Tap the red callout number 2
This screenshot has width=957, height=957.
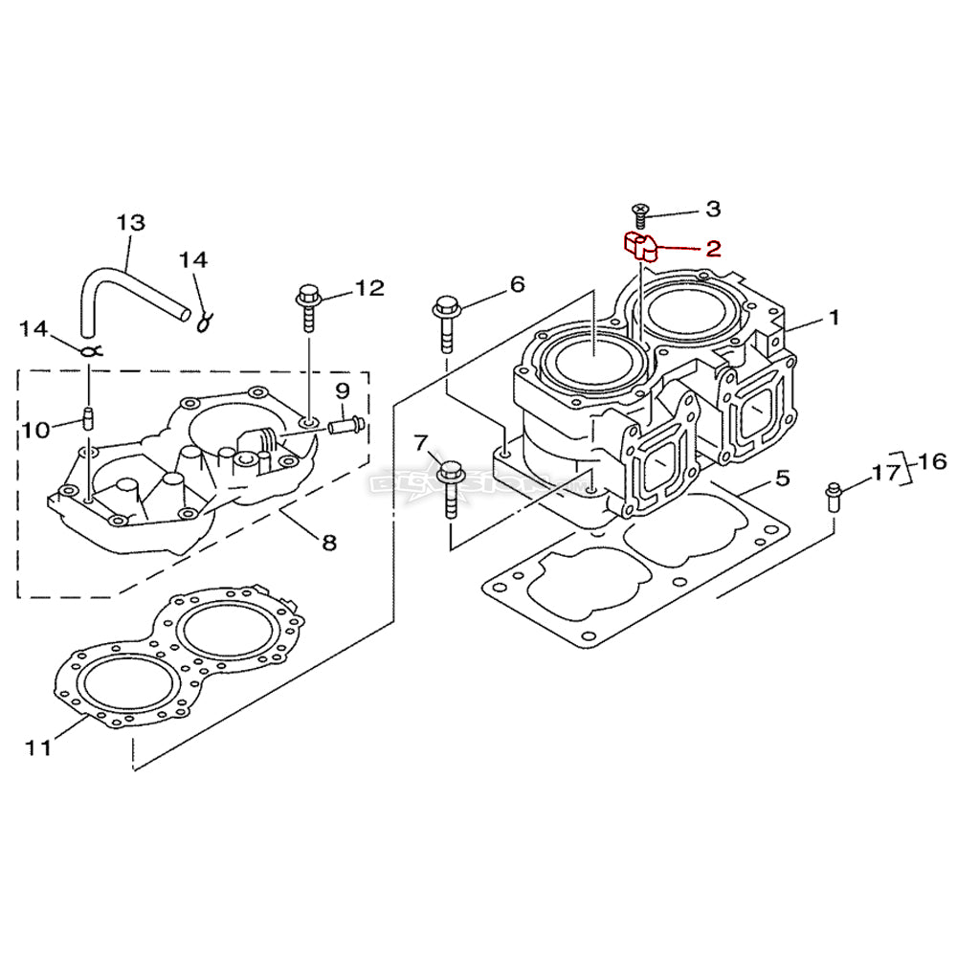pos(713,249)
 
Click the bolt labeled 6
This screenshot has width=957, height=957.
pos(447,323)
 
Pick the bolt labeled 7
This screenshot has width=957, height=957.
pos(450,486)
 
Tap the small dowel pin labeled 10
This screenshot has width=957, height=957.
pos(88,418)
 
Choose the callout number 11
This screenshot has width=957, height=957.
pos(38,747)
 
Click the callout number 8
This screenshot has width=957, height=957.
pos(329,544)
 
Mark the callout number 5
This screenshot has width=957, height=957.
pos(782,478)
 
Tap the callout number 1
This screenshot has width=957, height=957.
pos(834,317)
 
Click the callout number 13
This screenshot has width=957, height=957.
pos(130,223)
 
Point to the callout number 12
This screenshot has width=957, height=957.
pos(368,288)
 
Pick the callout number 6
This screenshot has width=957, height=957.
pos(517,283)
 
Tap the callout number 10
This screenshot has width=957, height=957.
pos(35,430)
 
